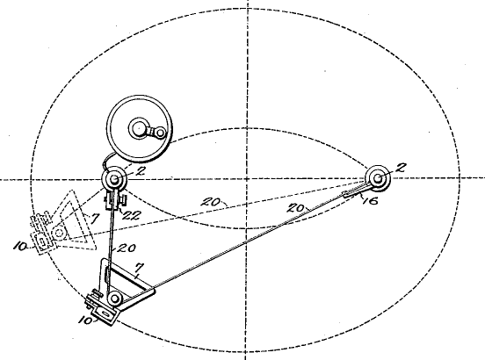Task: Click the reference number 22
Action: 132,215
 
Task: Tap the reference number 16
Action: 370,201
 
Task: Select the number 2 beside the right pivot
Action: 401,168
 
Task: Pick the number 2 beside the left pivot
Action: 141,171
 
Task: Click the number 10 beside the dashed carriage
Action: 20,247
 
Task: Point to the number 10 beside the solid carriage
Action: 85,320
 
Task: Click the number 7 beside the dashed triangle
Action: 94,219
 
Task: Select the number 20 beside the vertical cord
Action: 127,248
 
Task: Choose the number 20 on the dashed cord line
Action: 211,203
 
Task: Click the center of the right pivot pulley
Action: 378,178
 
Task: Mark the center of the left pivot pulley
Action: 114,179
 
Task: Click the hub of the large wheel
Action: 139,128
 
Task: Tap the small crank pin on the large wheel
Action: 160,133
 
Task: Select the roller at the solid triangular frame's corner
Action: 114,299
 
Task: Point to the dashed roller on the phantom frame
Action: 60,233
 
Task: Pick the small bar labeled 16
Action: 356,191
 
